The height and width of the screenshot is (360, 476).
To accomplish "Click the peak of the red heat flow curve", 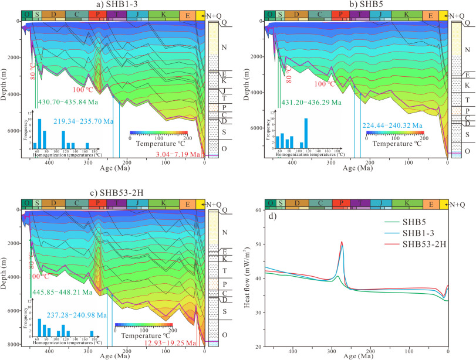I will [x=342, y=242].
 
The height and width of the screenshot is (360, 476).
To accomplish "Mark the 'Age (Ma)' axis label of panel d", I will [x=356, y=355].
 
